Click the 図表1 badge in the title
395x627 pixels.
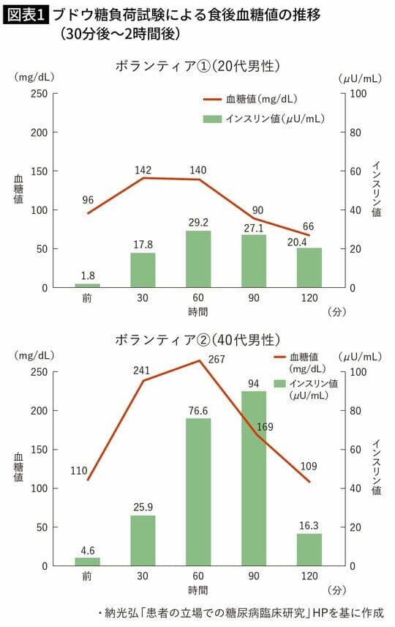coord(26,14)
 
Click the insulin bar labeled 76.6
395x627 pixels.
coord(197,491)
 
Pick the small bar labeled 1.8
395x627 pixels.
coord(87,286)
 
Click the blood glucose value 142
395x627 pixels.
coord(143,170)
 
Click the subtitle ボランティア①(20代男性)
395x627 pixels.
coord(197,66)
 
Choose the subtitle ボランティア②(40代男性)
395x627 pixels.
coord(197,340)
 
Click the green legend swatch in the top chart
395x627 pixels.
coord(212,118)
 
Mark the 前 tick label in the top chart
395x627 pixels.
coord(87,298)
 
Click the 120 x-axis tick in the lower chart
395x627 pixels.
coord(309,576)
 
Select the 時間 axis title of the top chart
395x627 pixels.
coord(197,311)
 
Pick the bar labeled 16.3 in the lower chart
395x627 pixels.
coord(309,549)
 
